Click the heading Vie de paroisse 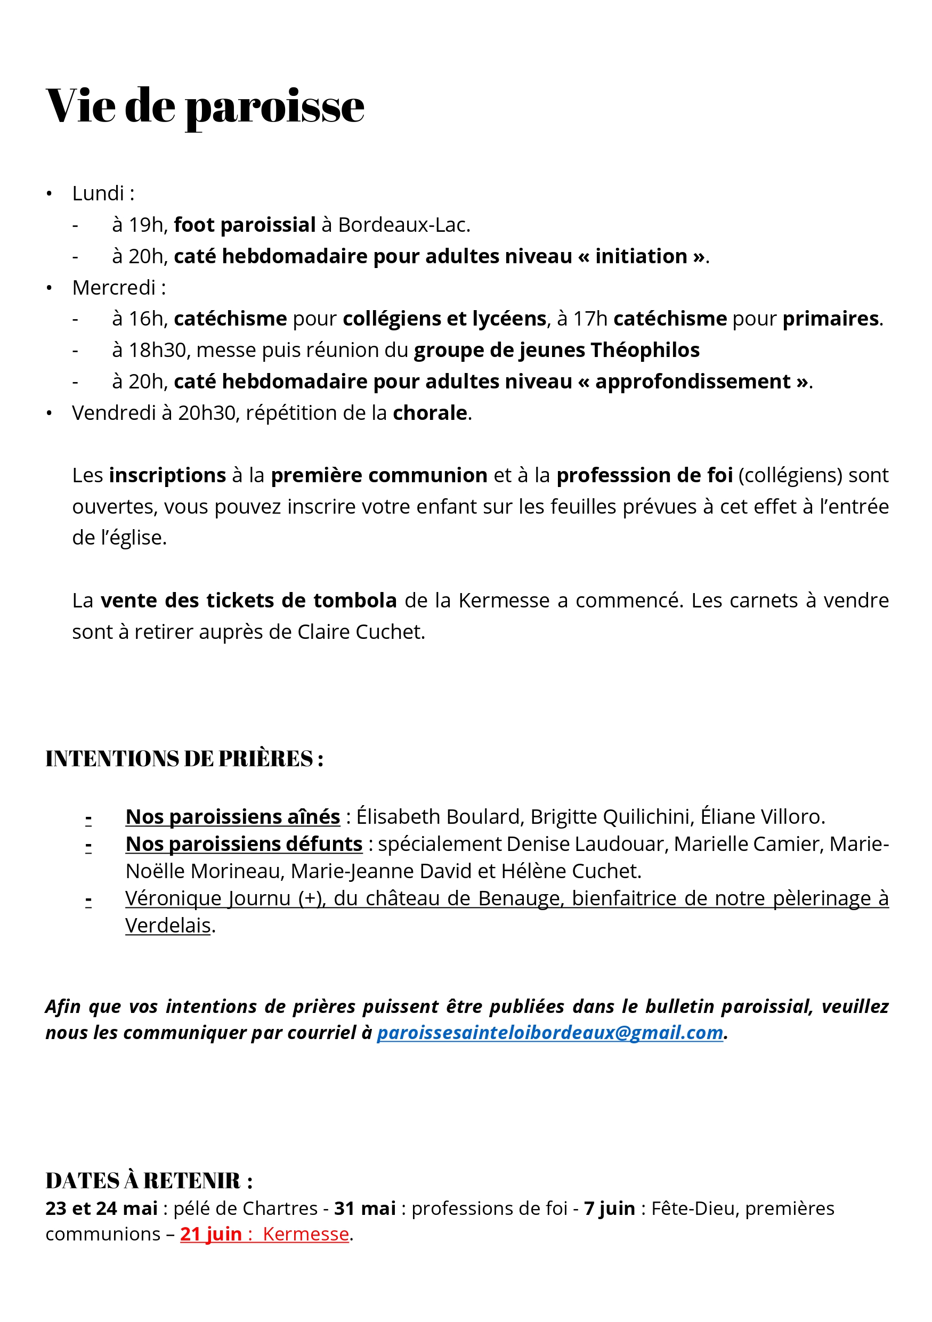[205, 106]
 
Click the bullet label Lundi [98, 193]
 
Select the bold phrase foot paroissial [245, 225]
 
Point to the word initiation [641, 256]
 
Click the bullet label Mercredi [114, 287]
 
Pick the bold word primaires [831, 319]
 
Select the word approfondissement [693, 382]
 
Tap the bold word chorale [429, 413]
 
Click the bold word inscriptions [167, 476]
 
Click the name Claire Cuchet [360, 632]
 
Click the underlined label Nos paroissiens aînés [232, 817]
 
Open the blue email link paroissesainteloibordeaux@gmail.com [550, 1033]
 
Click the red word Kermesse [306, 1235]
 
